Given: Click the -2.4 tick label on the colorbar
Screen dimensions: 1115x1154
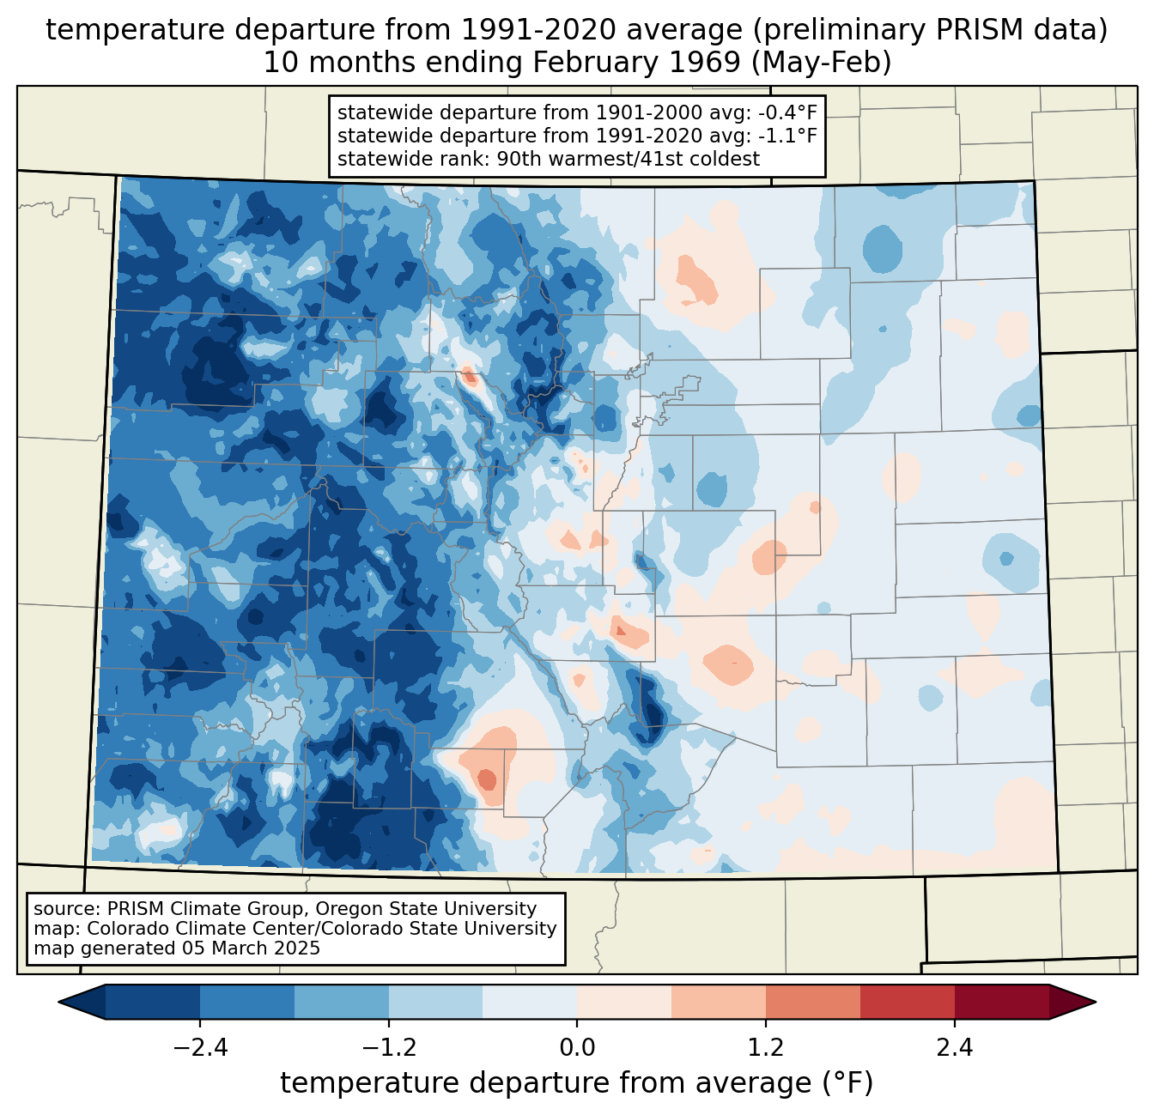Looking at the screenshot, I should click(x=199, y=1048).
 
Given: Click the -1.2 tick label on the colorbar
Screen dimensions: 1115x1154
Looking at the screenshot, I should click(x=388, y=1048).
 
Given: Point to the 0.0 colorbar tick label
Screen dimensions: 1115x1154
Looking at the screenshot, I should click(x=577, y=1048).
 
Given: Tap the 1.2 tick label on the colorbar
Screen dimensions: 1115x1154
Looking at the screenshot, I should click(x=766, y=1048).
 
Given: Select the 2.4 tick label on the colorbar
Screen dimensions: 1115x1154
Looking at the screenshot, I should click(x=955, y=1048).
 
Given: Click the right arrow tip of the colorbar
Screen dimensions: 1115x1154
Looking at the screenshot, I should click(x=1095, y=1002).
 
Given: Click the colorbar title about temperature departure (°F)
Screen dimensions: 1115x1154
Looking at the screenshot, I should click(x=577, y=1083).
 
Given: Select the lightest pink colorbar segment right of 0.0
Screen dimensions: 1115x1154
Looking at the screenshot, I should click(x=624, y=1002).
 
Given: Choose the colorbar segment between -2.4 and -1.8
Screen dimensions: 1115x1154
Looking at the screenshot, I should click(x=247, y=1002).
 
